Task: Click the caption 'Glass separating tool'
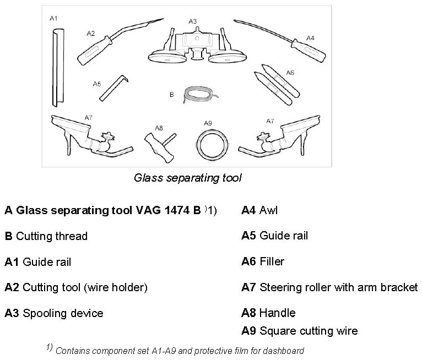click(188, 178)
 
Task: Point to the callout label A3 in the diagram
click(192, 21)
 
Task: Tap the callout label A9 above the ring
click(208, 122)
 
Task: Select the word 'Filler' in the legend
click(272, 261)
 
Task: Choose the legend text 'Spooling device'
click(63, 313)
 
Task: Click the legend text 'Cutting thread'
click(52, 236)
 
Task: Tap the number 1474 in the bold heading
click(172, 210)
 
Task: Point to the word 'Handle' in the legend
click(277, 313)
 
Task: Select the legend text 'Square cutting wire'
click(308, 331)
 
